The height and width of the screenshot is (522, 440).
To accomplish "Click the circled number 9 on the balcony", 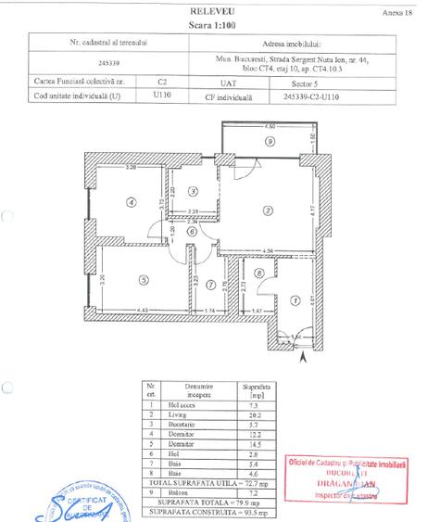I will point(270,141).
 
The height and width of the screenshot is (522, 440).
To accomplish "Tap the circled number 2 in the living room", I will point(267,211).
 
